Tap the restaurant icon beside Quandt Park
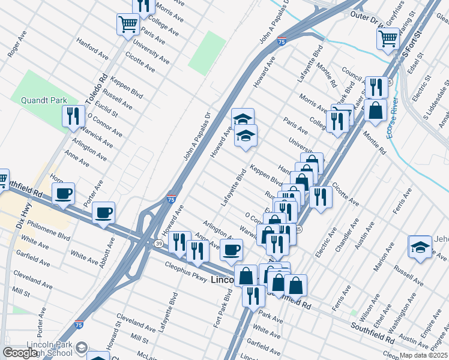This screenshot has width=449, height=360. pos(73,115)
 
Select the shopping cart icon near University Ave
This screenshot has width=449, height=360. pos(128,25)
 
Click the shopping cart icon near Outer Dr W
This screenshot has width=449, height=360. pos(388,38)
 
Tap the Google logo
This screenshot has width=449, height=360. pos(20,353)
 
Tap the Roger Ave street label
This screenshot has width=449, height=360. pos(17,48)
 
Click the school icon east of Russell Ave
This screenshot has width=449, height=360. pos(420,246)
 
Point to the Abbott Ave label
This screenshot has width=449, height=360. pos(110,253)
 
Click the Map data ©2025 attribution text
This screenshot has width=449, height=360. pos(423,355)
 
